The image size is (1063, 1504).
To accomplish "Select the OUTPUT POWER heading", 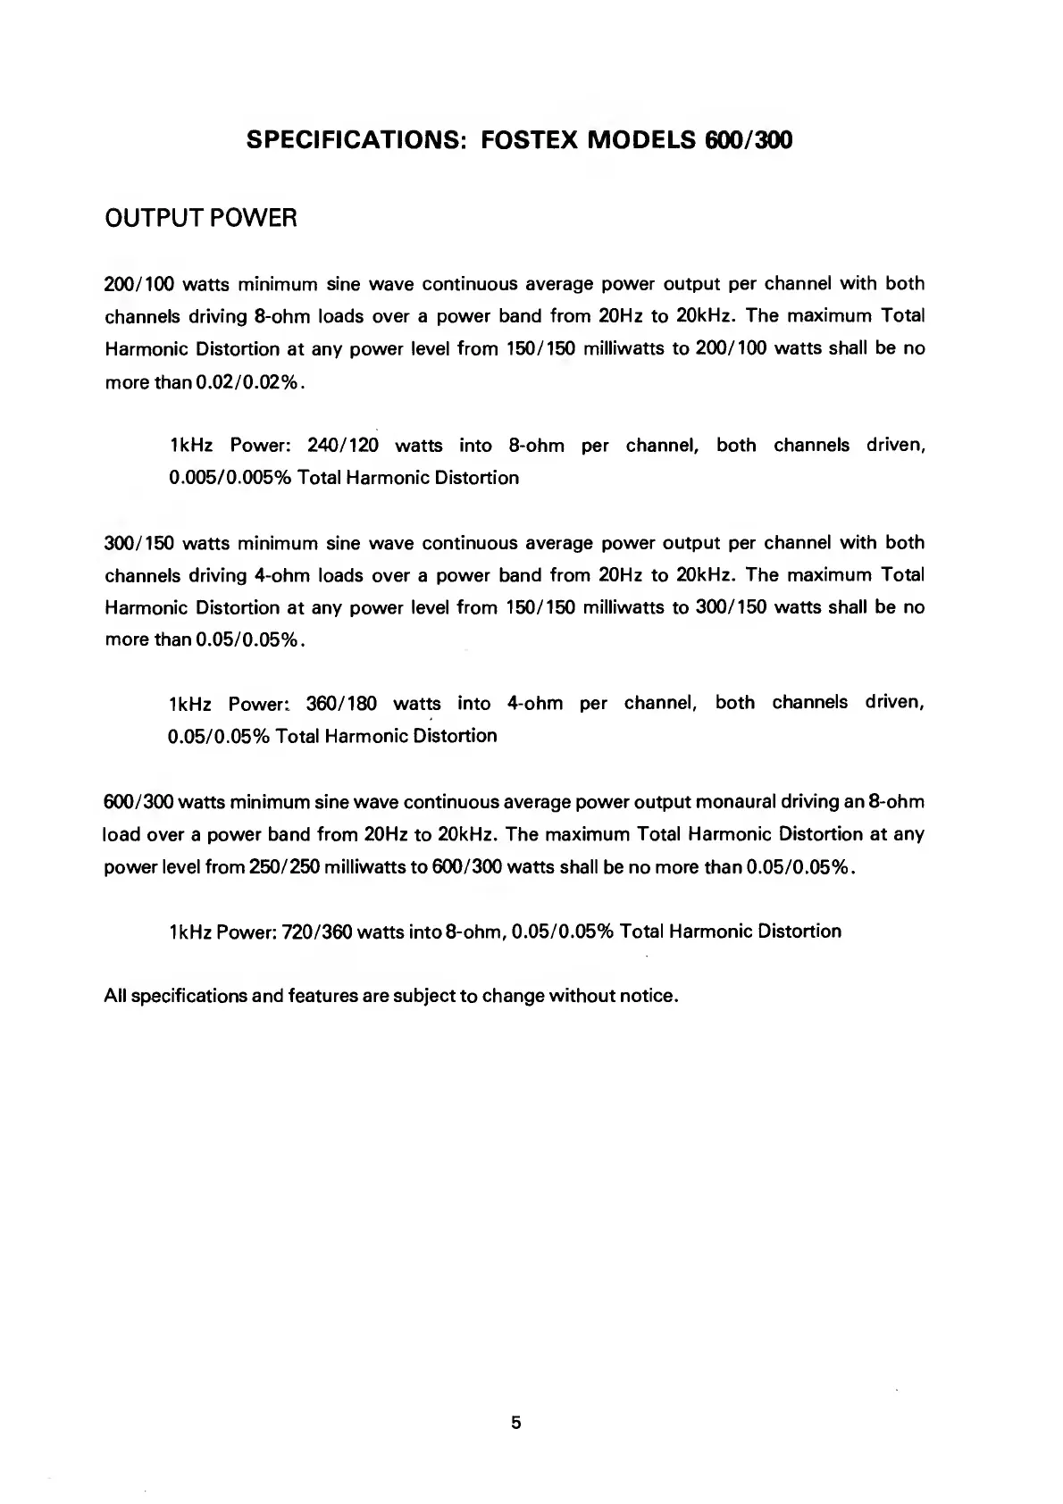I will point(201,219).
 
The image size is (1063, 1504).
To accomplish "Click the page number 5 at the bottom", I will point(516,1423).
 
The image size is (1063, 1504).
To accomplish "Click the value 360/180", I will point(341,704).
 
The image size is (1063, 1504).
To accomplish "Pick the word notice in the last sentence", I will point(647,996).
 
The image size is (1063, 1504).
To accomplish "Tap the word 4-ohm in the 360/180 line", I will point(535,704).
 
